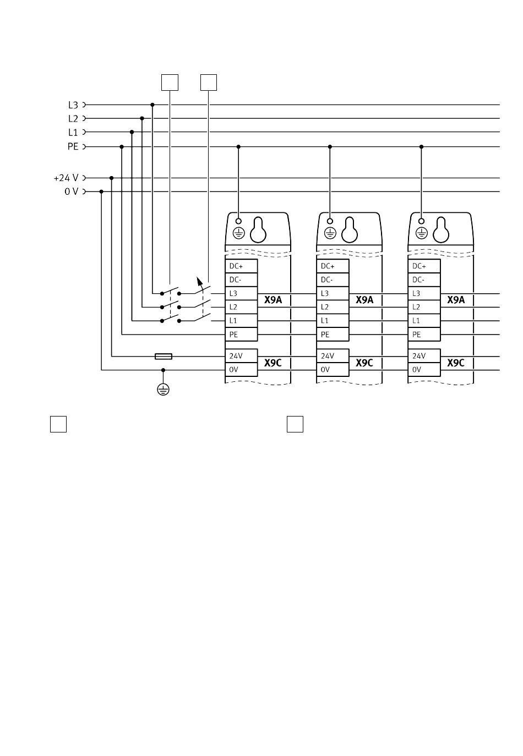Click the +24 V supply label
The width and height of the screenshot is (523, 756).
(66, 178)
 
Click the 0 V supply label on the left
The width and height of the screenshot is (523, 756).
(71, 191)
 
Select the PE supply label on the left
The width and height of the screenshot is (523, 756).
(73, 146)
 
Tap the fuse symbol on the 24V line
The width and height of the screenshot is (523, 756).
(164, 357)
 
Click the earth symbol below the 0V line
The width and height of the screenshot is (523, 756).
(163, 390)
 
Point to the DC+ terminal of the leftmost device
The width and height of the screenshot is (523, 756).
(241, 266)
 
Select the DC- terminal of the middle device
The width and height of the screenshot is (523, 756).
(333, 280)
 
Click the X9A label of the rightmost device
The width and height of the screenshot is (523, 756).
(456, 300)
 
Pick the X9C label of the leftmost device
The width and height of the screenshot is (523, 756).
(273, 363)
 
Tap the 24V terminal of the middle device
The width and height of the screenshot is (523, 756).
(333, 356)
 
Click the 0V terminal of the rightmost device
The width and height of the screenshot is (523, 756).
(424, 370)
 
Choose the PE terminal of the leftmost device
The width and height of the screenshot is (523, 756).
(241, 335)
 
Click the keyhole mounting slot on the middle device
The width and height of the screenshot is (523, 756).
(350, 230)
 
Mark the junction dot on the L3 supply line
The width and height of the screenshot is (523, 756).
(152, 105)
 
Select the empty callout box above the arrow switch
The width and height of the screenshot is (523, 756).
(209, 83)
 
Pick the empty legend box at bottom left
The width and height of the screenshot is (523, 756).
(58, 424)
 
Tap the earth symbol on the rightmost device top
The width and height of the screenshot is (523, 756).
(421, 233)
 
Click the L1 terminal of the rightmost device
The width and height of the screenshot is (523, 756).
(424, 321)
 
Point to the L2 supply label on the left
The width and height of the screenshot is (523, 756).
(73, 118)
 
